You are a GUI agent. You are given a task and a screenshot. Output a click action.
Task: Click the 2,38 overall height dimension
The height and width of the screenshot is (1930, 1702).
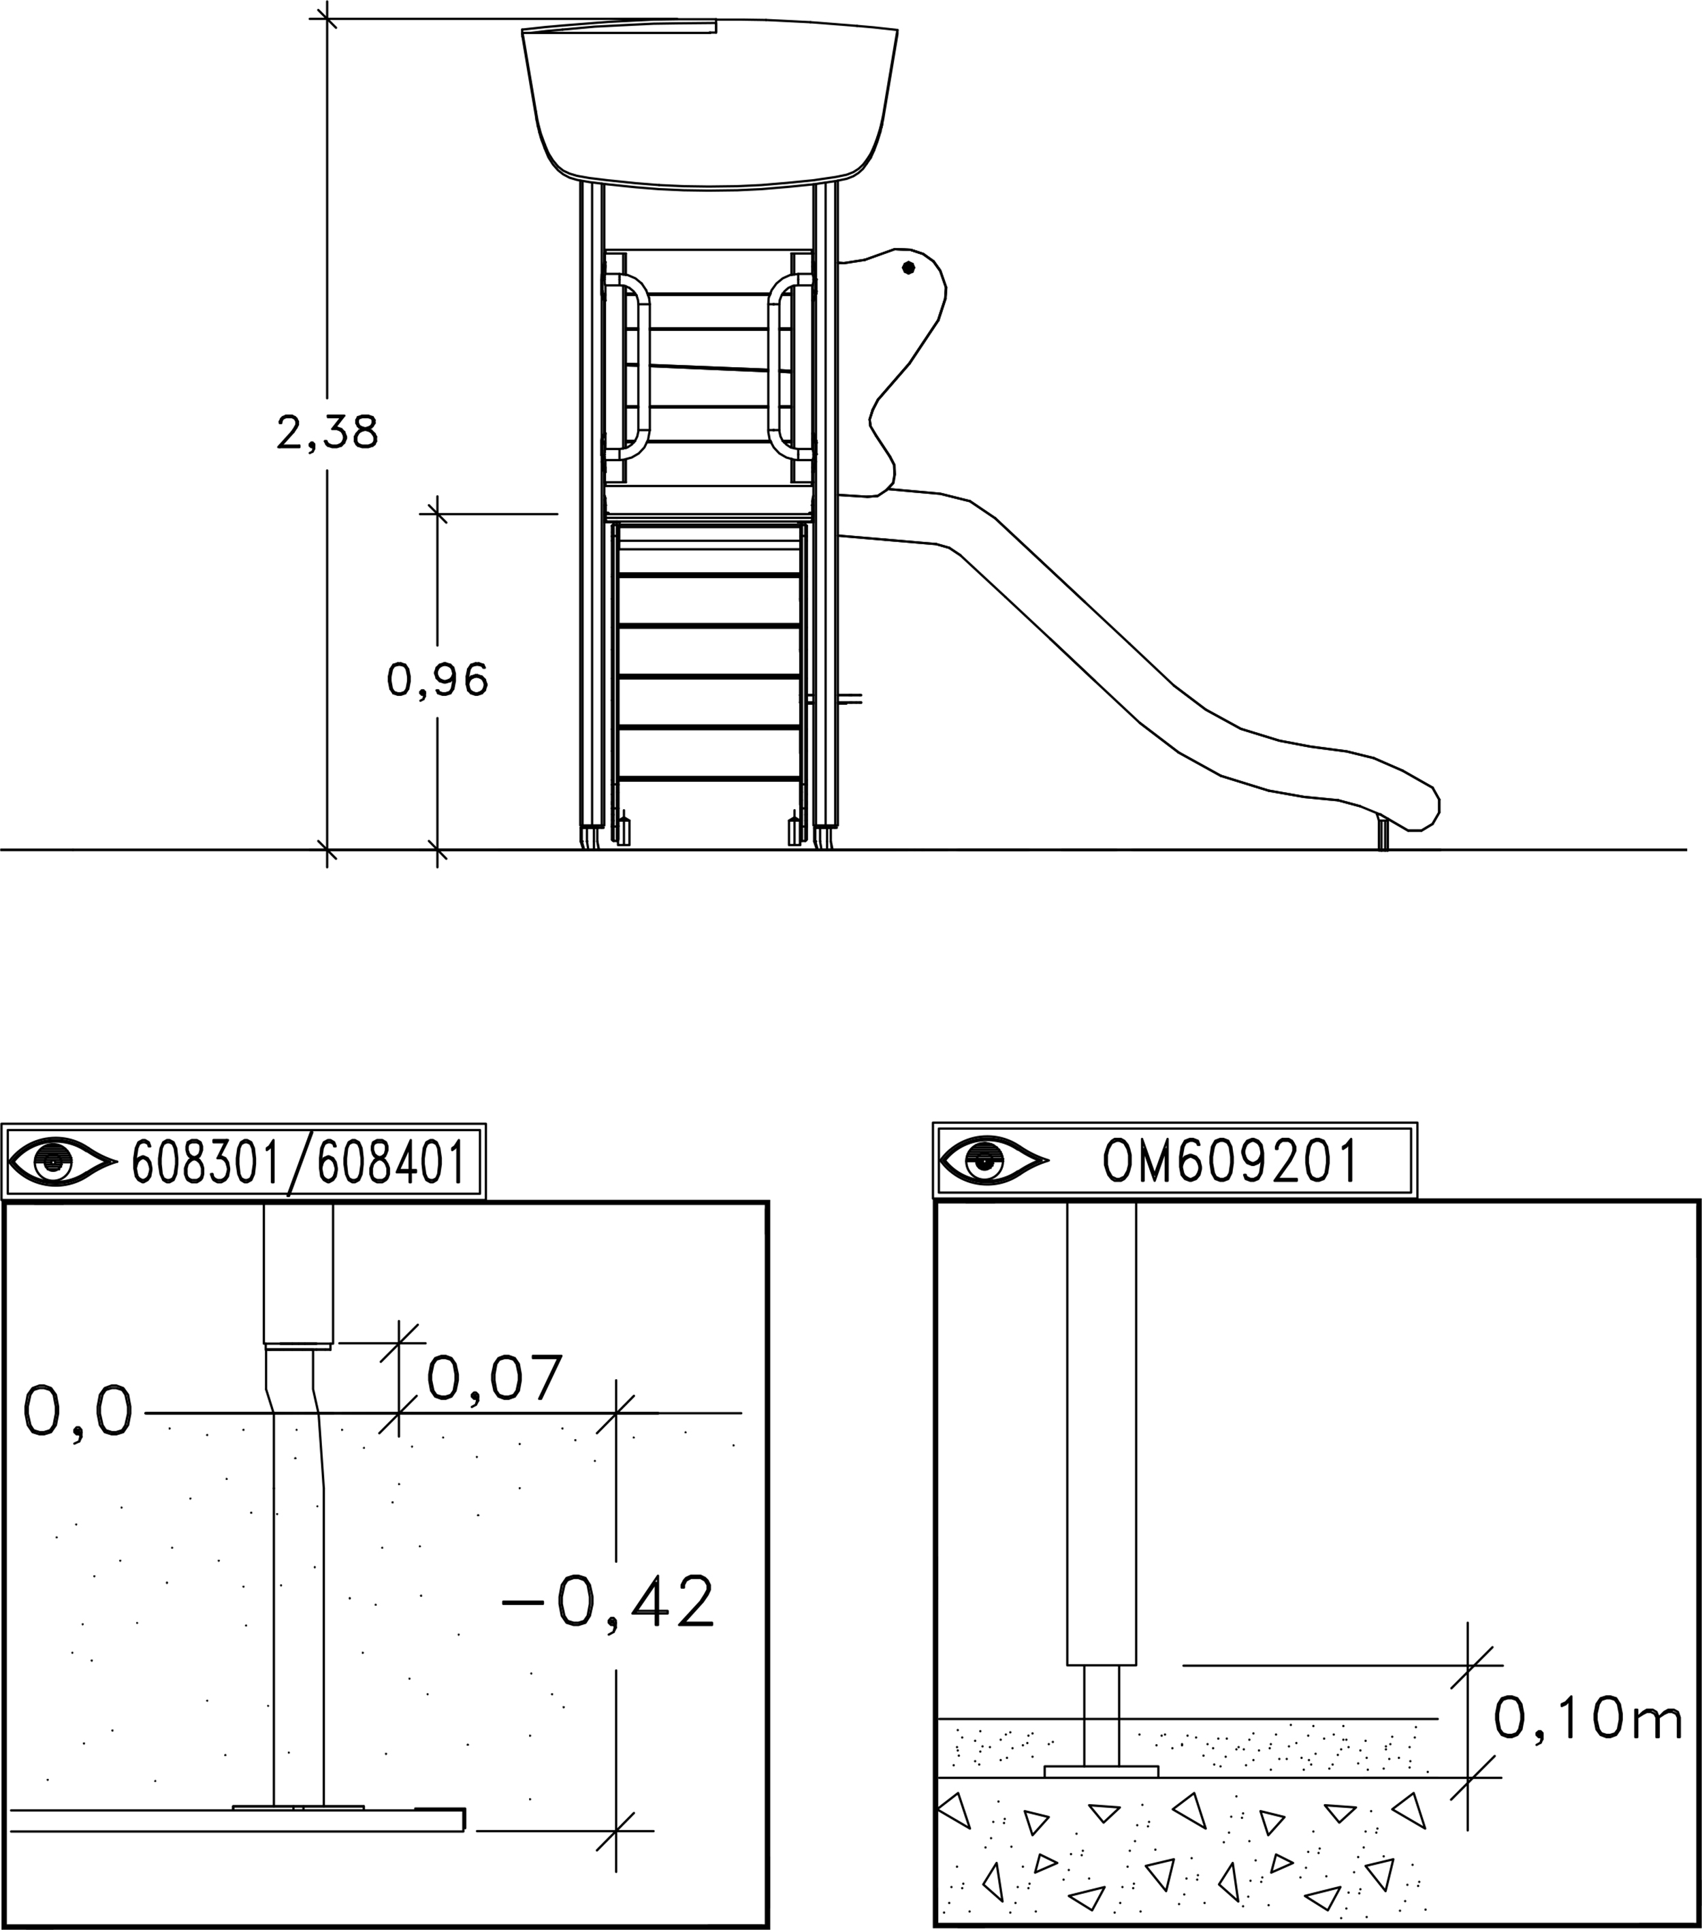327,432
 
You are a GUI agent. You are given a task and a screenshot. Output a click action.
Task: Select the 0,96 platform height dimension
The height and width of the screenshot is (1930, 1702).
437,680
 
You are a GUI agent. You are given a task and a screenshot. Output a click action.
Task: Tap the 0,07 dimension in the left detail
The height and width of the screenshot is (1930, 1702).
495,1378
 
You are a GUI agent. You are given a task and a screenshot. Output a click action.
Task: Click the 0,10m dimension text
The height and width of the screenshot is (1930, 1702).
1588,1718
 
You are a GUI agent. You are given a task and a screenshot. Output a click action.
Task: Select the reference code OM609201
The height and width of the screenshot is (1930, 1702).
1230,1160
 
